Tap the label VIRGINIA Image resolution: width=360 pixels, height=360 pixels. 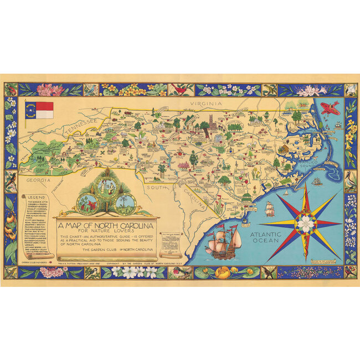[204, 104]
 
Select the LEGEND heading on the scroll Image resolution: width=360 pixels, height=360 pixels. [35, 198]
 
